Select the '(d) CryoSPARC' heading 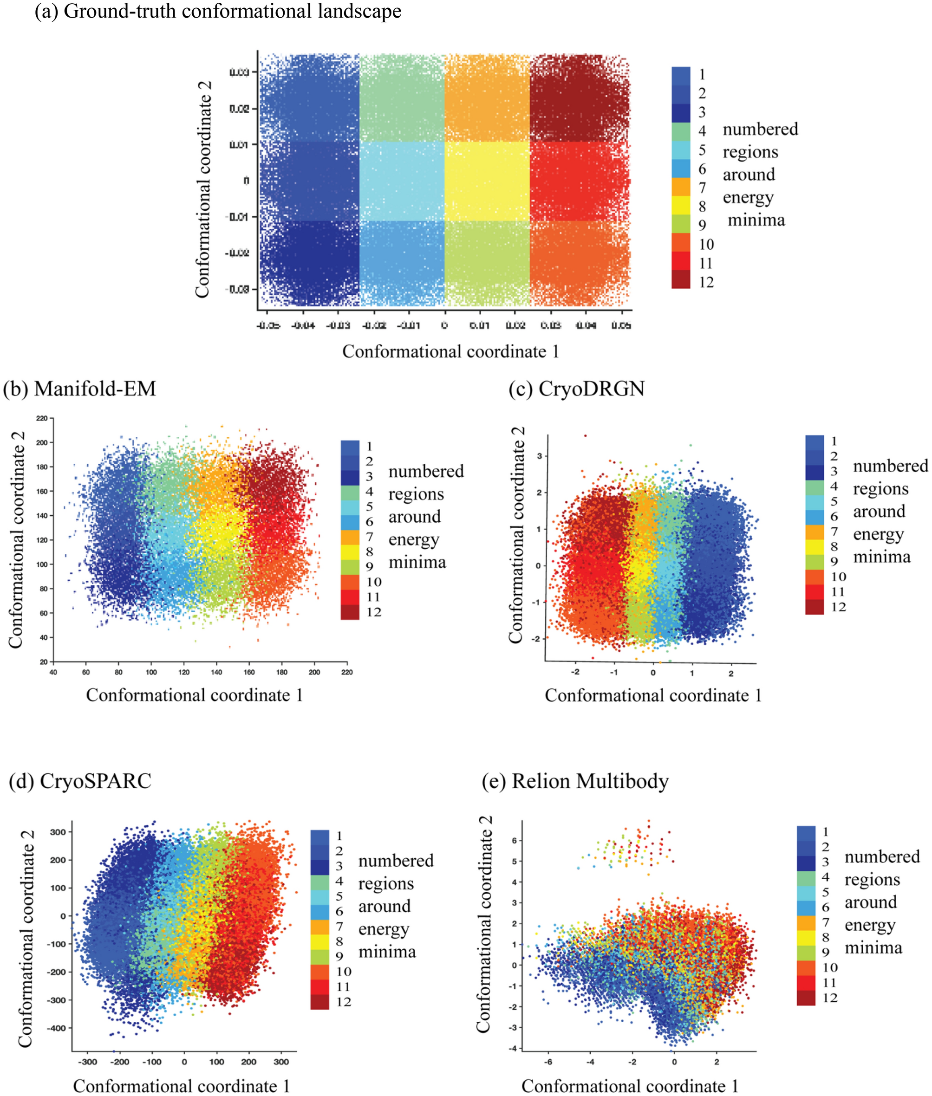[x=80, y=781]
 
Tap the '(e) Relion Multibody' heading [x=575, y=781]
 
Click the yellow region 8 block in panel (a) [x=487, y=181]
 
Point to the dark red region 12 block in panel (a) [x=579, y=97]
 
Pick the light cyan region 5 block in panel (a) [x=402, y=181]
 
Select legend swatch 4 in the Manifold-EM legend [x=350, y=493]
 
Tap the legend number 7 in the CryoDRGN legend [x=834, y=532]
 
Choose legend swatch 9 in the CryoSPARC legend [x=319, y=955]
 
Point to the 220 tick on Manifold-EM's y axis [x=42, y=418]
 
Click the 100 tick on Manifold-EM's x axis [x=151, y=672]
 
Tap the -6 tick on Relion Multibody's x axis [x=548, y=1061]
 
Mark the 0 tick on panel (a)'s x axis [x=444, y=325]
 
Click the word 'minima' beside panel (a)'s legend [x=756, y=220]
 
